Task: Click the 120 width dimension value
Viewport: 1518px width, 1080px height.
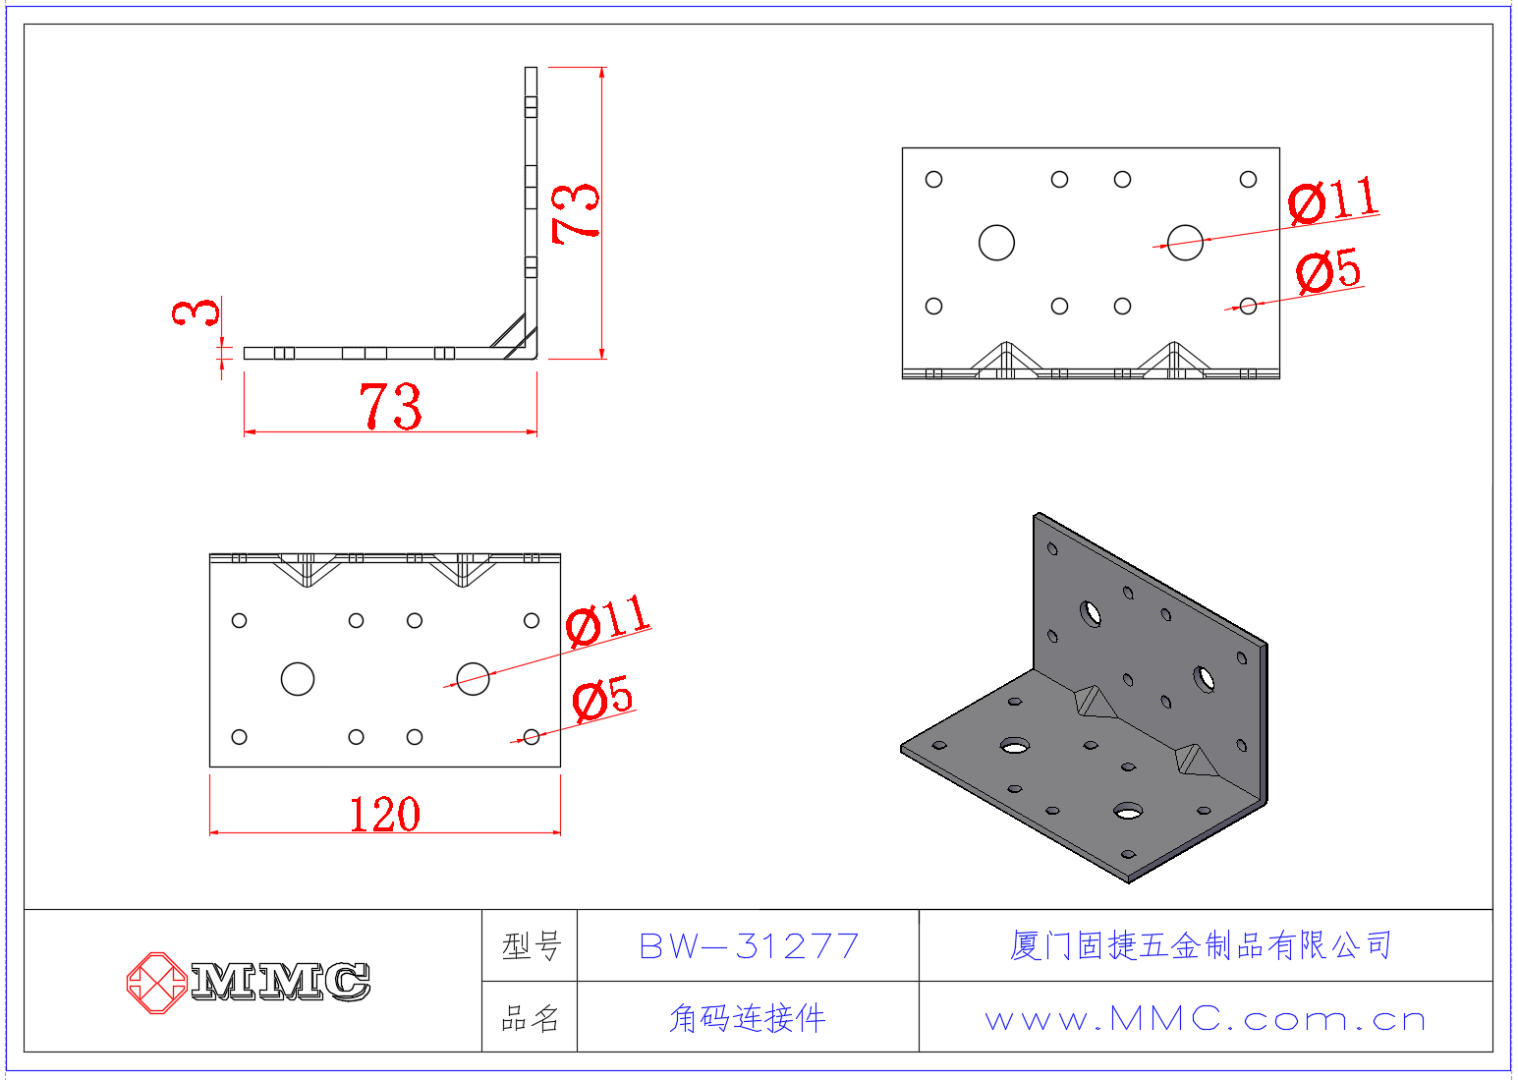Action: click(x=385, y=815)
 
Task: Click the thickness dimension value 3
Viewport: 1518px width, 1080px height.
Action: click(x=196, y=313)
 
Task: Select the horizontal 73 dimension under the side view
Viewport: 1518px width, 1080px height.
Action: click(x=390, y=406)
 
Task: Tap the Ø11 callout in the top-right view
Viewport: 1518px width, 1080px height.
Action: click(x=1333, y=199)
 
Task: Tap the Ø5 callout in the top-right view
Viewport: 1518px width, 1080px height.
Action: click(x=1327, y=270)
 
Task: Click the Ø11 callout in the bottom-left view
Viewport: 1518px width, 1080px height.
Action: click(x=608, y=619)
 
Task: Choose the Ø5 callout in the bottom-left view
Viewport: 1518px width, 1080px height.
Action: click(x=602, y=697)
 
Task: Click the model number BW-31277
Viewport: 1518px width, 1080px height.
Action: click(x=749, y=946)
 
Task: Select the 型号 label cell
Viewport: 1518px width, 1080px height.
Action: click(x=531, y=945)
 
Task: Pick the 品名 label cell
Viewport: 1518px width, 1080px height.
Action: click(x=531, y=1018)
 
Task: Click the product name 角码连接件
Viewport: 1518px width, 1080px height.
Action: click(x=748, y=1018)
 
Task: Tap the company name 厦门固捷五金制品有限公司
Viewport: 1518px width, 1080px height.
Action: click(x=1201, y=945)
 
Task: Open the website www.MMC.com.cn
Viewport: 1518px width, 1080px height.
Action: click(x=1206, y=1020)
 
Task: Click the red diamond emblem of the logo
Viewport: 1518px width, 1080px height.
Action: click(x=156, y=983)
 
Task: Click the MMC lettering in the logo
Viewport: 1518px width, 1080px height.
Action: click(x=281, y=982)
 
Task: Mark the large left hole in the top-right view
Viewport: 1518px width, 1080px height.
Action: click(x=996, y=243)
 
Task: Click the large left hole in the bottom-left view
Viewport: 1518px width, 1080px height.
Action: click(x=298, y=679)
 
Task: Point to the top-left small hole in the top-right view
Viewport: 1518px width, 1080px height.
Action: click(x=933, y=180)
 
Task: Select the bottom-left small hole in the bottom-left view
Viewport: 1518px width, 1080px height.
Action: click(x=239, y=737)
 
